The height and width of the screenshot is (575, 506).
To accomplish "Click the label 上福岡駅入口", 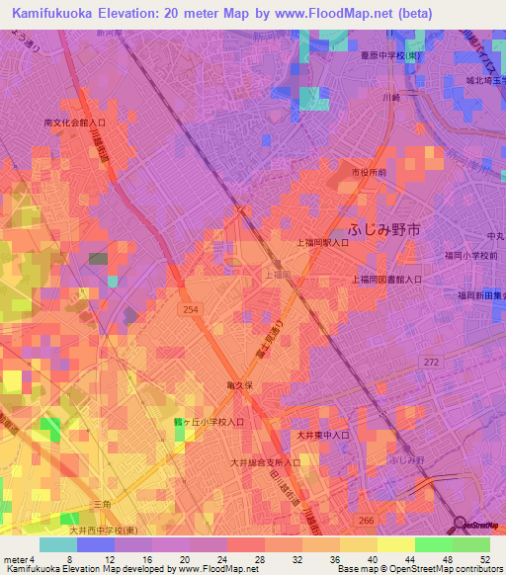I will (x=322, y=242).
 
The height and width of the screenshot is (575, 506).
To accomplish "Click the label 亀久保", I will (x=241, y=385).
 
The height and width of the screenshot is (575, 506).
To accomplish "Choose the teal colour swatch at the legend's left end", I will (x=57, y=544).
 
